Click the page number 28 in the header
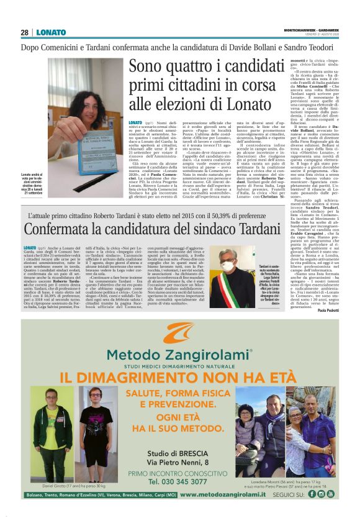point(25,32)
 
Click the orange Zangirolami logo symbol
point(179,334)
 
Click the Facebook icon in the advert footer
point(312,494)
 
